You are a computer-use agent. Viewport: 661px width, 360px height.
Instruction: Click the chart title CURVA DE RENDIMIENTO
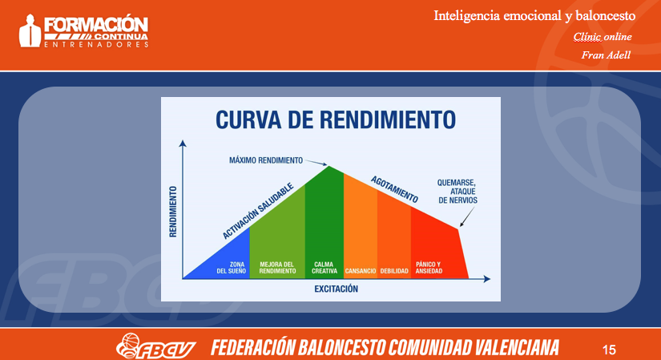[336, 119]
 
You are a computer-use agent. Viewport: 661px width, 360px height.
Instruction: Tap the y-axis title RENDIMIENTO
[173, 212]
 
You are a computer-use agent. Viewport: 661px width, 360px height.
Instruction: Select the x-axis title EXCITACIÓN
[336, 289]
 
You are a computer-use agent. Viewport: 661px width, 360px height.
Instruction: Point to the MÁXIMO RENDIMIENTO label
[266, 160]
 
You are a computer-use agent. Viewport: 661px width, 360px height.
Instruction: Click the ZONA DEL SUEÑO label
[232, 268]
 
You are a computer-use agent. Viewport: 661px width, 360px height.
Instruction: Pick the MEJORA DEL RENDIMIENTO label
[277, 268]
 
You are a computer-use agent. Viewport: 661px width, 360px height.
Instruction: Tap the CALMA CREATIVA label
[324, 268]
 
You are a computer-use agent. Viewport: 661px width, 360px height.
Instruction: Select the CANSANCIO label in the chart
[361, 271]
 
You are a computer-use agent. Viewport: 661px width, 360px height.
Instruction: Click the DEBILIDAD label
[394, 271]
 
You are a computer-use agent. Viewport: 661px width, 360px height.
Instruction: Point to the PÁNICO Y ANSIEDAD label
[429, 268]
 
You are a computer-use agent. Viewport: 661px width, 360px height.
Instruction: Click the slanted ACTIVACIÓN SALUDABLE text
[258, 211]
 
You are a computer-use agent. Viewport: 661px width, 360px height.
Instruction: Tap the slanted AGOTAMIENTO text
[394, 189]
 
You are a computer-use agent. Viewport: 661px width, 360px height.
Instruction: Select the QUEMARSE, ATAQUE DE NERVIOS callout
[457, 192]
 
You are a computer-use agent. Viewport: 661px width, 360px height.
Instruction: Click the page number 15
[609, 350]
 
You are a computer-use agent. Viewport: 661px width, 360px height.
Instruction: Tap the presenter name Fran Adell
[606, 55]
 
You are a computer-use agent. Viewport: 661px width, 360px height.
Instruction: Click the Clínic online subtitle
[603, 37]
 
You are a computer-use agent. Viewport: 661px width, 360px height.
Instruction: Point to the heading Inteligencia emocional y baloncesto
[534, 16]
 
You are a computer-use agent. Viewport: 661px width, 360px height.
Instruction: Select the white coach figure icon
[30, 30]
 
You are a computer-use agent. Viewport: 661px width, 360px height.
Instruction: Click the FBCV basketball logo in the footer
[156, 346]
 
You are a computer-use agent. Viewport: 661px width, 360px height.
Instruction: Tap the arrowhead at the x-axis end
[487, 279]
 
